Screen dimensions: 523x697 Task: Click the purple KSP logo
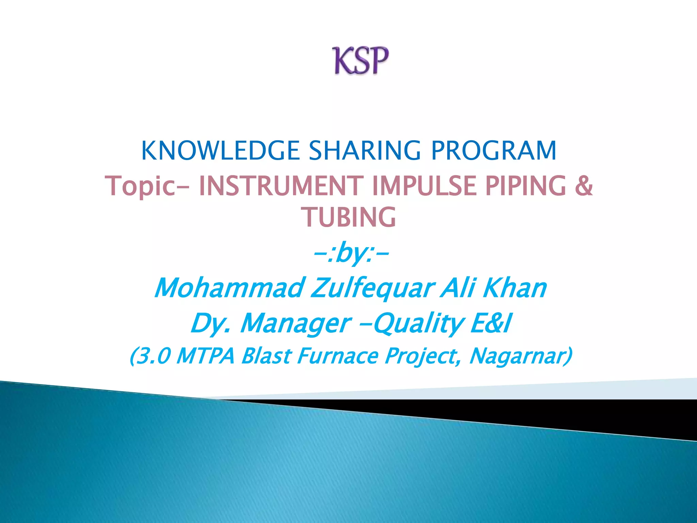click(360, 61)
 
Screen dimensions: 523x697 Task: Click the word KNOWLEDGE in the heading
click(220, 150)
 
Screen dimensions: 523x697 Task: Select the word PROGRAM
click(493, 150)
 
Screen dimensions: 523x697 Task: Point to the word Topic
click(140, 186)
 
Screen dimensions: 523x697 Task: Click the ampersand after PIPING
click(583, 186)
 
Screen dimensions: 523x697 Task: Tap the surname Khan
click(515, 288)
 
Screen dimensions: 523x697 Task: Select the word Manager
click(295, 323)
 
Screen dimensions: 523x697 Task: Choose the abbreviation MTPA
click(206, 356)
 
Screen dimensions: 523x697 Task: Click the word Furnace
click(338, 356)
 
